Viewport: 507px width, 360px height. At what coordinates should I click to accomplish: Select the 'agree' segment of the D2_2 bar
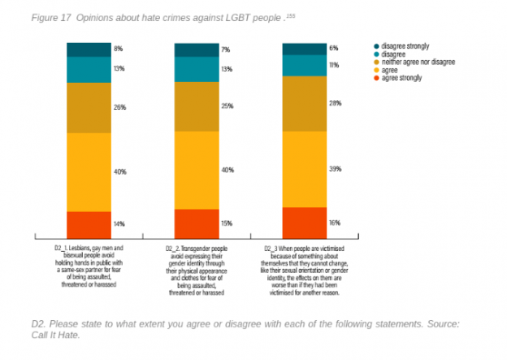pyautogui.click(x=196, y=170)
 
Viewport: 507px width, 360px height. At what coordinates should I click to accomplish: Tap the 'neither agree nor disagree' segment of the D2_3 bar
pyautogui.click(x=304, y=103)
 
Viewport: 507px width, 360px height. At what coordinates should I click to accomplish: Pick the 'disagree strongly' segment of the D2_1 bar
pyautogui.click(x=89, y=50)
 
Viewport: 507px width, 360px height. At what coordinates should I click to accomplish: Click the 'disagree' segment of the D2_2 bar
pyautogui.click(x=196, y=69)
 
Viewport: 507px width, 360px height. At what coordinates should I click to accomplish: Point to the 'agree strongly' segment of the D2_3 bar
pyautogui.click(x=304, y=221)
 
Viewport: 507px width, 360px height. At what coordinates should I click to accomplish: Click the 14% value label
pyautogui.click(x=119, y=223)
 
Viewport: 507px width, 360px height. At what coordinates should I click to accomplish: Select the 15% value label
pyautogui.click(x=227, y=223)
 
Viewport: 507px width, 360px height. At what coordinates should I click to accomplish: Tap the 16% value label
pyautogui.click(x=334, y=221)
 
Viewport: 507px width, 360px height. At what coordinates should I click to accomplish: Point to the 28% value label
pyautogui.click(x=334, y=103)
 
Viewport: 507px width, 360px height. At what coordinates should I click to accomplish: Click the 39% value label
pyautogui.click(x=334, y=169)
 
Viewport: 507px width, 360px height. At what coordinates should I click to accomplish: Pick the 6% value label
pyautogui.click(x=333, y=48)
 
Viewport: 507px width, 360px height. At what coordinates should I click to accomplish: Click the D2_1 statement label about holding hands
pyautogui.click(x=89, y=266)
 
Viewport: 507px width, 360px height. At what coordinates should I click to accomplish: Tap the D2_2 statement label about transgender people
pyautogui.click(x=196, y=269)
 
